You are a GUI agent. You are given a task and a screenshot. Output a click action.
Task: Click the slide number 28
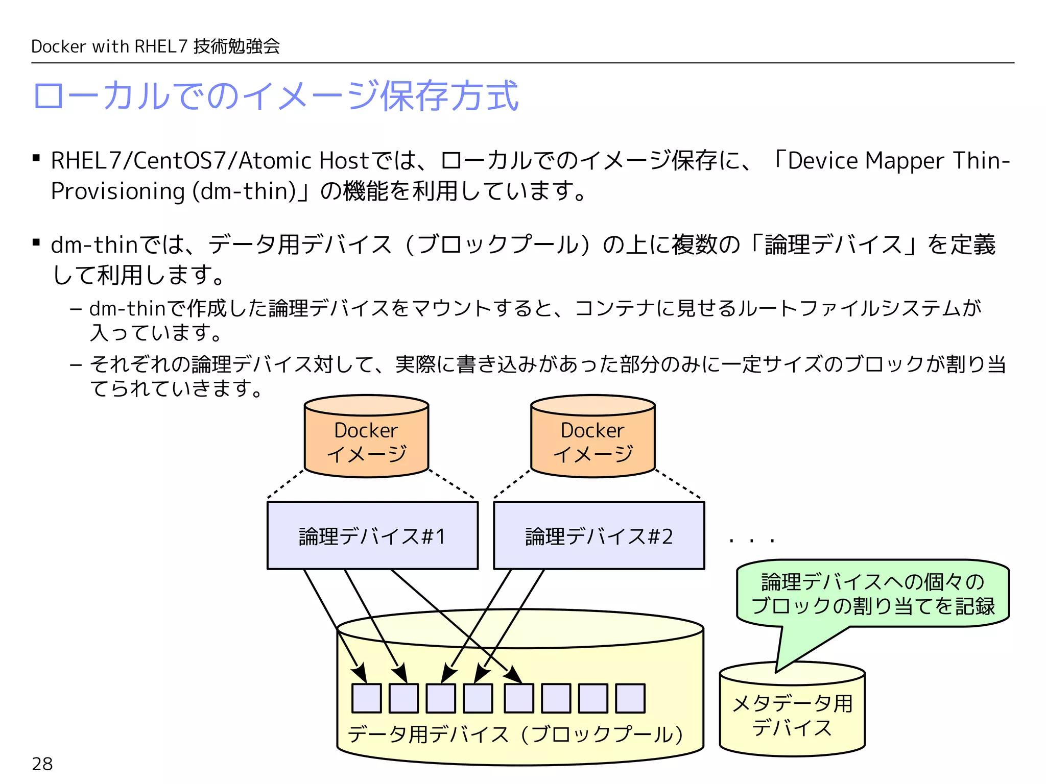pyautogui.click(x=42, y=764)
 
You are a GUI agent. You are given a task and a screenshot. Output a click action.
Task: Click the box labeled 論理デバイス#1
pyautogui.click(x=372, y=535)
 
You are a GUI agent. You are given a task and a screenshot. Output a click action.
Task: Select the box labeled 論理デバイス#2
pyautogui.click(x=599, y=535)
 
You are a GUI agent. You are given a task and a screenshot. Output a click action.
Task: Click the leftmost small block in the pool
pyautogui.click(x=367, y=698)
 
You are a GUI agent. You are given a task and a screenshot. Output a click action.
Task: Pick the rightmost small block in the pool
pyautogui.click(x=630, y=698)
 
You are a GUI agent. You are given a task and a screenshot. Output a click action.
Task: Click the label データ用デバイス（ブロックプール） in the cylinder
pyautogui.click(x=515, y=734)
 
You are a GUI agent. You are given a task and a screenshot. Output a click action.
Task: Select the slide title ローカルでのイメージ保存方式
pyautogui.click(x=276, y=96)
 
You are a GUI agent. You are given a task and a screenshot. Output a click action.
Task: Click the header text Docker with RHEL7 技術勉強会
pyautogui.click(x=155, y=46)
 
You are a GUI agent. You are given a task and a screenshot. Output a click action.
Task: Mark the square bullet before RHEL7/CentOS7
pyautogui.click(x=36, y=158)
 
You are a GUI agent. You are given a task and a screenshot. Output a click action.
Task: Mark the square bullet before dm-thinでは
pyautogui.click(x=36, y=242)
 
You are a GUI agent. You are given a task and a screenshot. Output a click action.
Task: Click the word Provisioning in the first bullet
pyautogui.click(x=117, y=191)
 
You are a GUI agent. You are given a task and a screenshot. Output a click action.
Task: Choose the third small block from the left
pyautogui.click(x=441, y=698)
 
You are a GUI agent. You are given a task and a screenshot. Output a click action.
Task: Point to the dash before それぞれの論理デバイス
pyautogui.click(x=76, y=365)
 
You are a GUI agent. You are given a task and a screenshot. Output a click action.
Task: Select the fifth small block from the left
pyautogui.click(x=518, y=698)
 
